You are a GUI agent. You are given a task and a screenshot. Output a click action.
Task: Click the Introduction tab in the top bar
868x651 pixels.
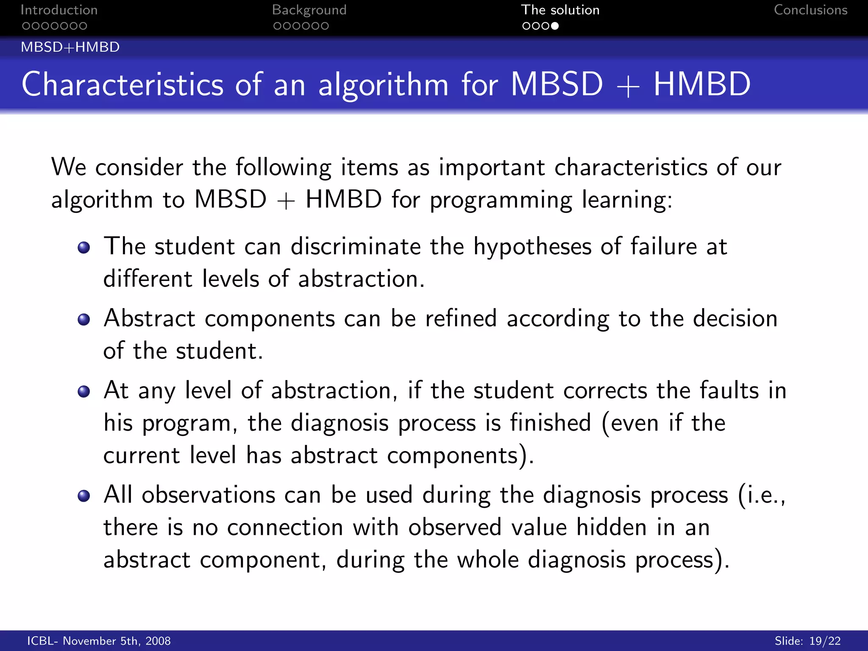click(59, 10)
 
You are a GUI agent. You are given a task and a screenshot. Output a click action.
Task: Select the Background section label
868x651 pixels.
click(309, 10)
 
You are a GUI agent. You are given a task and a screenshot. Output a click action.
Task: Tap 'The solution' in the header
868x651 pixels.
click(560, 10)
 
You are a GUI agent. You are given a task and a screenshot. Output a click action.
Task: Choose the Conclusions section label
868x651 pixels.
click(810, 10)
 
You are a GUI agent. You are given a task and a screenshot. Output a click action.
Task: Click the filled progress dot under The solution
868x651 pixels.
click(555, 26)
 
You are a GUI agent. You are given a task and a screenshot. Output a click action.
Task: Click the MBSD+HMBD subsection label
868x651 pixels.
click(70, 47)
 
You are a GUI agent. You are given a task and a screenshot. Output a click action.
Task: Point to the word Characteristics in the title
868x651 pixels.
click(122, 85)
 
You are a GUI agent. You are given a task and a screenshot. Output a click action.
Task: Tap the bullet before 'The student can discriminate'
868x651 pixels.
click(84, 248)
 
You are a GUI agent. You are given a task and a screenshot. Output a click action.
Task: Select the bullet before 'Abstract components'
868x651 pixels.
click(84, 320)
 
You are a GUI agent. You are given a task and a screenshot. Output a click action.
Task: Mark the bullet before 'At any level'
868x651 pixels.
click(84, 391)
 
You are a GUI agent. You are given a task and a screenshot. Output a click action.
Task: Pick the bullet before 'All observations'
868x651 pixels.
click(84, 496)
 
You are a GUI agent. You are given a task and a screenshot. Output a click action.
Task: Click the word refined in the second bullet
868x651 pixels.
click(461, 319)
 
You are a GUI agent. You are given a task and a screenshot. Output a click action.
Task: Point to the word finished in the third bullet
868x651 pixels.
click(550, 423)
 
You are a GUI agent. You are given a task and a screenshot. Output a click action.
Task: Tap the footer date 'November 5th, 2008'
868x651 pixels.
click(117, 641)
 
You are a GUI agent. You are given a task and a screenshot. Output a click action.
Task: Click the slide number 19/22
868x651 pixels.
click(824, 641)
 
